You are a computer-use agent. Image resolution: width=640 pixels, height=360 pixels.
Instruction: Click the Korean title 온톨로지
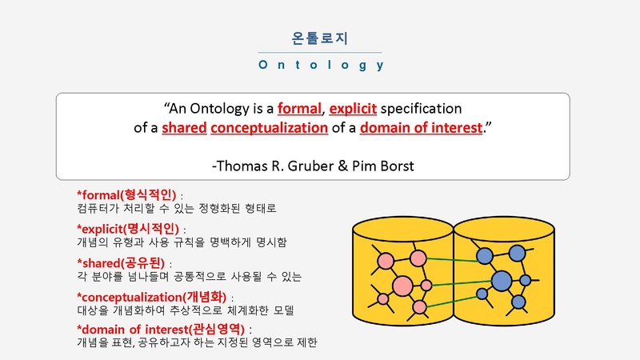tap(319, 38)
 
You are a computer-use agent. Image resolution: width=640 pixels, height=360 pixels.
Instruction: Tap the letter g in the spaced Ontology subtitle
tap(362, 66)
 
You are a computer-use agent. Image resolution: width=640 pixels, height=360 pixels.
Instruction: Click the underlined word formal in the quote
tap(299, 109)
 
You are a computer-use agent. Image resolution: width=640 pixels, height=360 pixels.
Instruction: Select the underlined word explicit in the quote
tap(353, 109)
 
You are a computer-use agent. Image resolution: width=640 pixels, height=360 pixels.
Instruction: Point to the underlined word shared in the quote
tap(184, 128)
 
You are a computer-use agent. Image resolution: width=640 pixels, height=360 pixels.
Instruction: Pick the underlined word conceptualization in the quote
tap(269, 128)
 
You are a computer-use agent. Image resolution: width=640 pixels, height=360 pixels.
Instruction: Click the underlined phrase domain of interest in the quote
tap(421, 128)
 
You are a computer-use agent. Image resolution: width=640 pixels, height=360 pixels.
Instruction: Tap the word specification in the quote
tap(421, 109)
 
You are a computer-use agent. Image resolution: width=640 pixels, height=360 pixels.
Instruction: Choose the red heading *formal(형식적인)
tap(126, 195)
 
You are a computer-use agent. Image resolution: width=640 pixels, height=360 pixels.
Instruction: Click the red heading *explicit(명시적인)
tap(128, 229)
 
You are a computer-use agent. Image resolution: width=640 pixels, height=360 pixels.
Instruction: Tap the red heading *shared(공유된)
tap(121, 263)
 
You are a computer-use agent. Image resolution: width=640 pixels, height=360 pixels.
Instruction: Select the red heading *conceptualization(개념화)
tap(151, 297)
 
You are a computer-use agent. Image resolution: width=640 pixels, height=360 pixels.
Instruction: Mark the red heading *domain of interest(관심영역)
tap(161, 329)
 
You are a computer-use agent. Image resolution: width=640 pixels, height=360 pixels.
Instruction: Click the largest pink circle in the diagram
tap(402, 286)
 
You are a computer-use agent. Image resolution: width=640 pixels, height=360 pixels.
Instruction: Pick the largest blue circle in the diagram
tap(502, 281)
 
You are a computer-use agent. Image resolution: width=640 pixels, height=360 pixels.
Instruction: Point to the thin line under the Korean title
tap(319, 53)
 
